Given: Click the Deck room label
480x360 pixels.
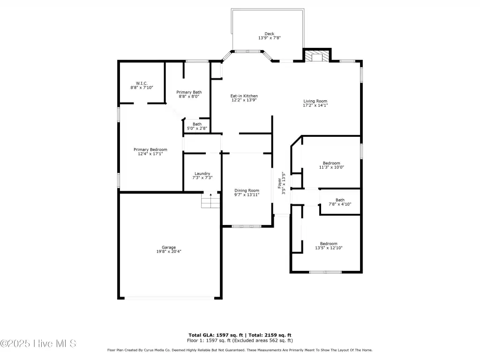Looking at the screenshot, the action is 270,34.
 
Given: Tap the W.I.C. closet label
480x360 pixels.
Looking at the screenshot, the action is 142,83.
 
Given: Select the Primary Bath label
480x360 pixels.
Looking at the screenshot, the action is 189,92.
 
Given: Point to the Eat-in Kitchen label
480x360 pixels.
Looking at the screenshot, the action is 244,96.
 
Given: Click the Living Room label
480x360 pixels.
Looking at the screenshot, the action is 315,101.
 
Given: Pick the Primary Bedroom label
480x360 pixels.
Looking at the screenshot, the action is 150,150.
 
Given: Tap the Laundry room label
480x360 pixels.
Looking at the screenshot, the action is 202,173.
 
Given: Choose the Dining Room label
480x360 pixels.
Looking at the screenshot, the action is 247,190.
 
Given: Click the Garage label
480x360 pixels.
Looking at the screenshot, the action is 169,247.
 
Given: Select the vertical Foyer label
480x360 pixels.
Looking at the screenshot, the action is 279,183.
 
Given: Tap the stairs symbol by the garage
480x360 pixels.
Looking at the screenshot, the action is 210,201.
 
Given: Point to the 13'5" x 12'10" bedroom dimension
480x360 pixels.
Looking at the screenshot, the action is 329,248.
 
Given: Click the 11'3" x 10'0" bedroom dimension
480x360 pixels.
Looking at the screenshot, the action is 331,167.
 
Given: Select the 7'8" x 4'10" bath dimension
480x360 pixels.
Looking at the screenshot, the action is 340,204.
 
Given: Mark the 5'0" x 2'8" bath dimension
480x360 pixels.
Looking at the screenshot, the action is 197,128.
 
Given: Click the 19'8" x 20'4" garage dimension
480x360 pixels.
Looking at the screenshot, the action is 169,252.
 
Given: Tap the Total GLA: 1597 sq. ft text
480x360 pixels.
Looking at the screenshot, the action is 216,335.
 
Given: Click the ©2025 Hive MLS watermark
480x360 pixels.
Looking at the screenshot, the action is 38,344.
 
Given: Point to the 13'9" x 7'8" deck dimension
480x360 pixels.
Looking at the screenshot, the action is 270,38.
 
